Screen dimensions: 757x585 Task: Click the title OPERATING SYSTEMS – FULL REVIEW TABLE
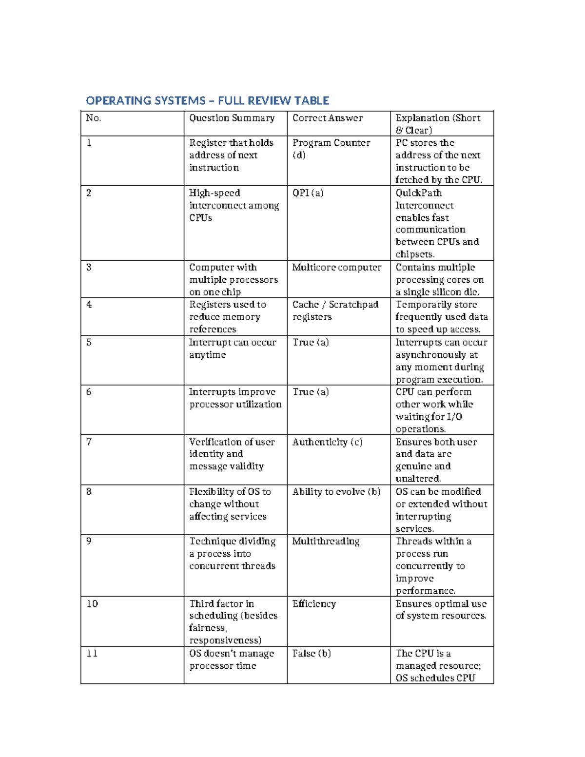(207, 101)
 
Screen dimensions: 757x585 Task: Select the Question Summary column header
(232, 118)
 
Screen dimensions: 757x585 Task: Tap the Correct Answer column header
(327, 118)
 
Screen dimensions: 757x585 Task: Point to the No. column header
(93, 118)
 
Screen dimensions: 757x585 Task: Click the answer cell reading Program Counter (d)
(331, 149)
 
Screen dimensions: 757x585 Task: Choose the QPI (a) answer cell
(308, 193)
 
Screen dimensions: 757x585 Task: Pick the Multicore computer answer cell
(336, 267)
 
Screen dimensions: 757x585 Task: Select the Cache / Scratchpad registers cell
(335, 311)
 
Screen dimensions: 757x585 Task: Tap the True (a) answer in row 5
(311, 342)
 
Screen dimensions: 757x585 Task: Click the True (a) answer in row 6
(311, 392)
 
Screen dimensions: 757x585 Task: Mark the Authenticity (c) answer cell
(327, 442)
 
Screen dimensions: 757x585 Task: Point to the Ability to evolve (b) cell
(336, 492)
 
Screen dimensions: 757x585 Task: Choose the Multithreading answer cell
(326, 541)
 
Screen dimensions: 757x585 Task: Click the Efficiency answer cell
(314, 603)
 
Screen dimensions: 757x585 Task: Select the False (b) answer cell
(311, 653)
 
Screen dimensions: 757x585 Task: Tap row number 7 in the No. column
(89, 442)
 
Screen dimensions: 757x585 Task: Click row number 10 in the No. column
(92, 603)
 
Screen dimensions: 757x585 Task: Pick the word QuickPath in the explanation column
(418, 193)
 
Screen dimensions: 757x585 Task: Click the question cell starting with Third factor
(233, 621)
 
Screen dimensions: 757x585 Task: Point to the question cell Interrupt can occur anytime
(232, 349)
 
